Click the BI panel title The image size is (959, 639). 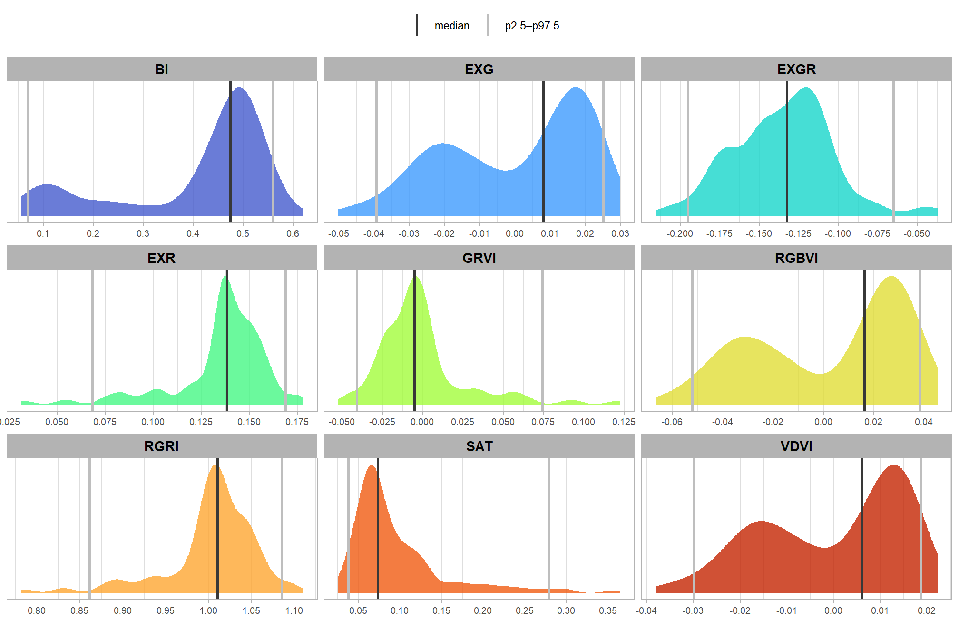tap(162, 69)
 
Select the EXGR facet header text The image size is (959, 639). tap(796, 69)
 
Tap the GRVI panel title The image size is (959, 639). tap(479, 258)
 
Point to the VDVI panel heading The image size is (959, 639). tap(796, 446)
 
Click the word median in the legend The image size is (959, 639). tap(451, 26)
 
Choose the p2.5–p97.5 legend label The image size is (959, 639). tap(532, 26)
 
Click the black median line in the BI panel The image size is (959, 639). tap(231, 152)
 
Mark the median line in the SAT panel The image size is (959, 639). tap(378, 528)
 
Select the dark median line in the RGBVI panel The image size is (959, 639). tap(864, 340)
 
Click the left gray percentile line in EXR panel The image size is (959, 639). tap(92, 340)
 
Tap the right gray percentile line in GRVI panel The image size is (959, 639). tap(542, 340)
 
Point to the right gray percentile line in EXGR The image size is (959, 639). tap(893, 152)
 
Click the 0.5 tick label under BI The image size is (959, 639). tap(243, 233)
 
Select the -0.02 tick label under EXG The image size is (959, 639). tap(444, 233)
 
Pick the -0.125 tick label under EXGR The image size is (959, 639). tap(798, 233)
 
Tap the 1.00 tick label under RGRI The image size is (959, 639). tap(208, 610)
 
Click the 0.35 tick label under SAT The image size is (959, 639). tap(608, 610)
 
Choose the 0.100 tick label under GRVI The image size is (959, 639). tap(583, 422)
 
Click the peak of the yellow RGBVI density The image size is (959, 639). tap(890, 277)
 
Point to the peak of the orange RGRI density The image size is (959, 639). tap(215, 465)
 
